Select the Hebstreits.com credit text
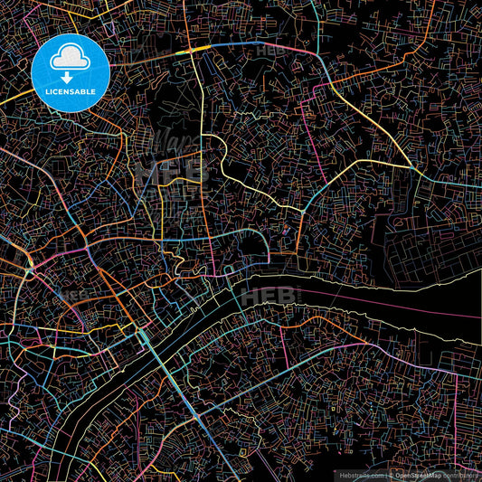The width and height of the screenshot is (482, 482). (361, 474)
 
